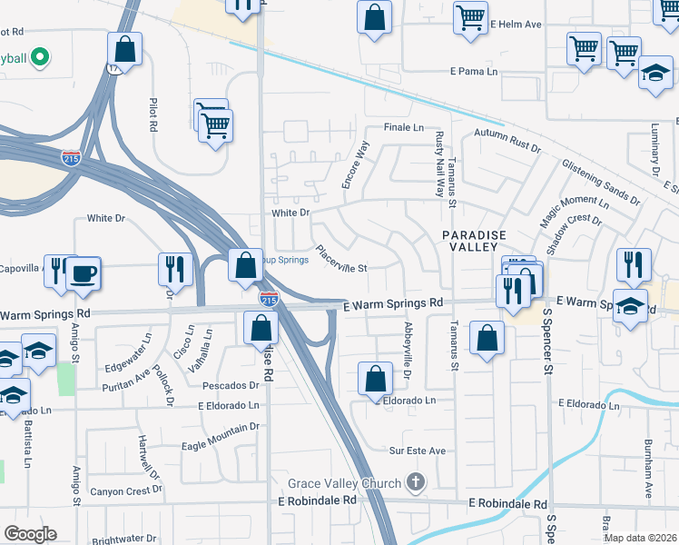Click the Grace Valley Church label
coord(344,483)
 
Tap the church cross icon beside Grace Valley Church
coord(416,481)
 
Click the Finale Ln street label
coord(404,128)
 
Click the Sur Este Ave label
coord(418,451)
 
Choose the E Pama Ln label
coord(475,71)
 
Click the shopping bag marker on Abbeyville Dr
coord(375,378)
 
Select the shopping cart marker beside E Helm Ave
coord(470,17)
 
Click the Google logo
coord(30,534)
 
